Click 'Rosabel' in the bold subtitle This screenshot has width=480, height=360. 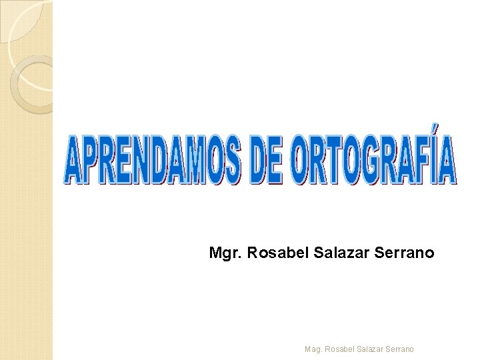pos(271,253)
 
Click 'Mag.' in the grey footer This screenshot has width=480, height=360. pos(313,348)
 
